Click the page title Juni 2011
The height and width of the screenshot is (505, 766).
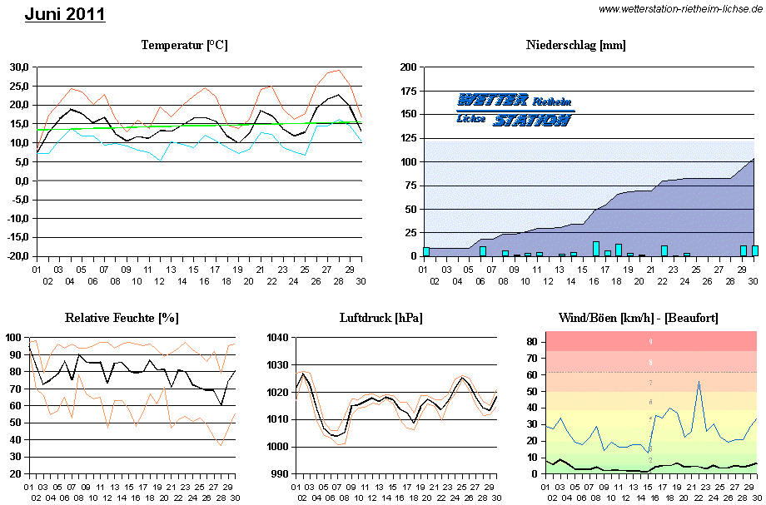pyautogui.click(x=65, y=14)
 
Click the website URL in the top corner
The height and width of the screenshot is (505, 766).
pyautogui.click(x=680, y=8)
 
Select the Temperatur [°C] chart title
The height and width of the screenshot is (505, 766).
pyautogui.click(x=184, y=45)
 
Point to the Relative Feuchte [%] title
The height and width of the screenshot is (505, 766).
pyautogui.click(x=122, y=318)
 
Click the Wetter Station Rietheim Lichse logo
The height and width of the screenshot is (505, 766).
pyautogui.click(x=515, y=110)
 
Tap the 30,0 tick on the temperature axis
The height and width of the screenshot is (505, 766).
pyautogui.click(x=19, y=67)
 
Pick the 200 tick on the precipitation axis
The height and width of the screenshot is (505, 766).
pyautogui.click(x=409, y=67)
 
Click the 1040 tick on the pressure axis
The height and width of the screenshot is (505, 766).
pyautogui.click(x=276, y=338)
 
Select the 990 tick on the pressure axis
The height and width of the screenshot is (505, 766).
pyautogui.click(x=279, y=473)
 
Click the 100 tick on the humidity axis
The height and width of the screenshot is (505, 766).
pyautogui.click(x=13, y=338)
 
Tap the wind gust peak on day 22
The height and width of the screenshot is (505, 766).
pyautogui.click(x=699, y=382)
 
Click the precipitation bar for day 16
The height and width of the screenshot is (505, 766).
pyautogui.click(x=596, y=249)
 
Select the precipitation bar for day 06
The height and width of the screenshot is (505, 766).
pyautogui.click(x=483, y=251)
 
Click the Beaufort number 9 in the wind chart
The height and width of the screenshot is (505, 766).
pyautogui.click(x=651, y=341)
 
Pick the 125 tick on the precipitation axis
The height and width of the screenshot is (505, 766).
pyautogui.click(x=409, y=138)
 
